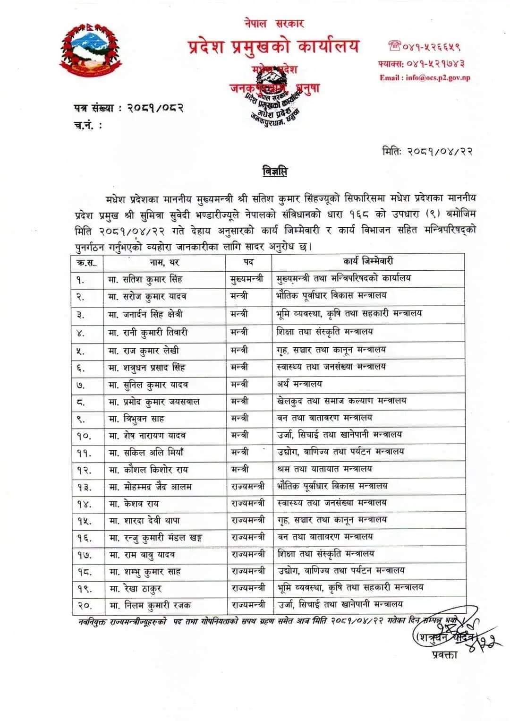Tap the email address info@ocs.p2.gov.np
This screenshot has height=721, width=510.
pyautogui.click(x=425, y=78)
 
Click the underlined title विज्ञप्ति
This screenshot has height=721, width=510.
pyautogui.click(x=274, y=171)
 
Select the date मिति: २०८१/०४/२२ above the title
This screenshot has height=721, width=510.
pyautogui.click(x=427, y=152)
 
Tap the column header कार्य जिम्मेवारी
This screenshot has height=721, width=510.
pyautogui.click(x=368, y=261)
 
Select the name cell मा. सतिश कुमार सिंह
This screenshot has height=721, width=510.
pyautogui.click(x=147, y=279)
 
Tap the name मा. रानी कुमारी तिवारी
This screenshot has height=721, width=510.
pyautogui.click(x=148, y=332)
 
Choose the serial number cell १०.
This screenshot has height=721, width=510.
pyautogui.click(x=84, y=436)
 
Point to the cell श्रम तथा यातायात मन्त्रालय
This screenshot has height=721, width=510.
pyautogui.click(x=324, y=469)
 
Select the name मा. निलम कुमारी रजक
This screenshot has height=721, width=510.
pyautogui.click(x=150, y=605)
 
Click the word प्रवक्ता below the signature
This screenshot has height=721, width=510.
pyautogui.click(x=444, y=655)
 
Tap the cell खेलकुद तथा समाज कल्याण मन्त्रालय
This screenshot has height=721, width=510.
pyautogui.click(x=341, y=401)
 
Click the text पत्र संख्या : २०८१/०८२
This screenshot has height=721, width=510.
pyautogui.click(x=128, y=108)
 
